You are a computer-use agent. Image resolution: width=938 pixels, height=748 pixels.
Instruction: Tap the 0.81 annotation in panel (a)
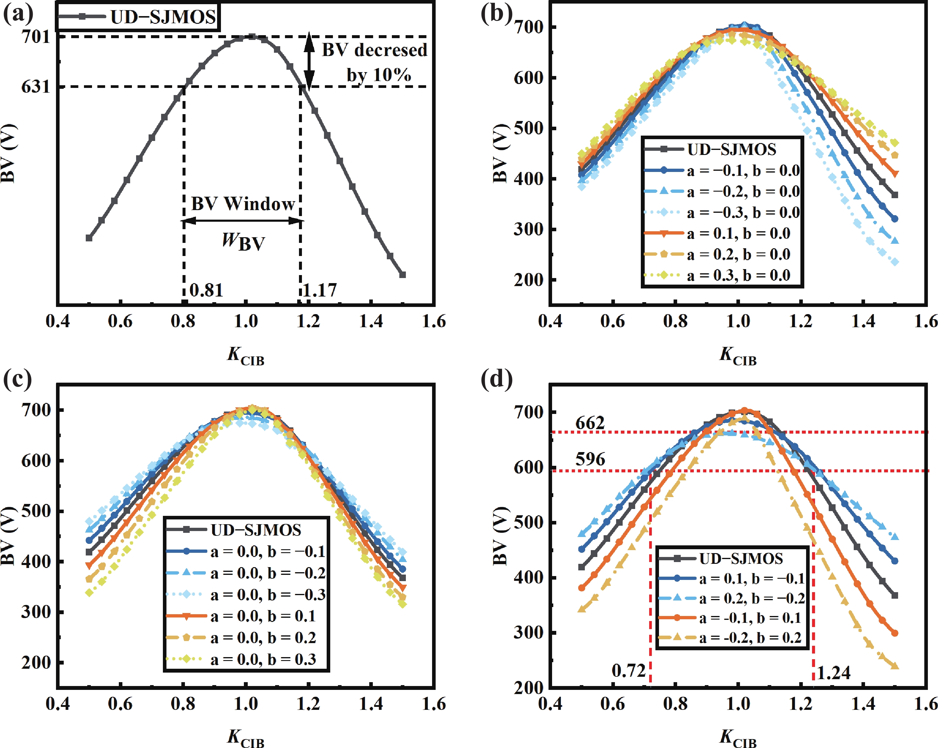pyautogui.click(x=206, y=290)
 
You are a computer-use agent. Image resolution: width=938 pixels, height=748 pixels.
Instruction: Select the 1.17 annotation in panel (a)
pyautogui.click(x=320, y=290)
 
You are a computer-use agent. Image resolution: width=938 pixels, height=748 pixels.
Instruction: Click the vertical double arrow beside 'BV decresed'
pyautogui.click(x=309, y=61)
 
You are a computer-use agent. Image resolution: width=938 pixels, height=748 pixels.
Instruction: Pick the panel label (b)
pyautogui.click(x=496, y=14)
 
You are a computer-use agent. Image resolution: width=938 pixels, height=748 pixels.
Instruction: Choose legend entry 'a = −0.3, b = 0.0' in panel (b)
pyautogui.click(x=743, y=212)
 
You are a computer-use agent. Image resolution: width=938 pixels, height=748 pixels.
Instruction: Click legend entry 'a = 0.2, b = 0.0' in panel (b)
pyautogui.click(x=738, y=254)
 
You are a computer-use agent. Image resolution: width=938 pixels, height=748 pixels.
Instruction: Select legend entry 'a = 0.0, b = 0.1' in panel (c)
pyautogui.click(x=263, y=616)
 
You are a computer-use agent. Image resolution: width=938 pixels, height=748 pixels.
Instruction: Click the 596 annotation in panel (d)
pyautogui.click(x=590, y=459)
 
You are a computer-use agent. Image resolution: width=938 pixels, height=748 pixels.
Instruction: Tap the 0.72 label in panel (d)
pyautogui.click(x=628, y=671)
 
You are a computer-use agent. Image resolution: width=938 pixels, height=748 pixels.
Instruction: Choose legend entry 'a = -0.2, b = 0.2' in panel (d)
pyautogui.click(x=750, y=638)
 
